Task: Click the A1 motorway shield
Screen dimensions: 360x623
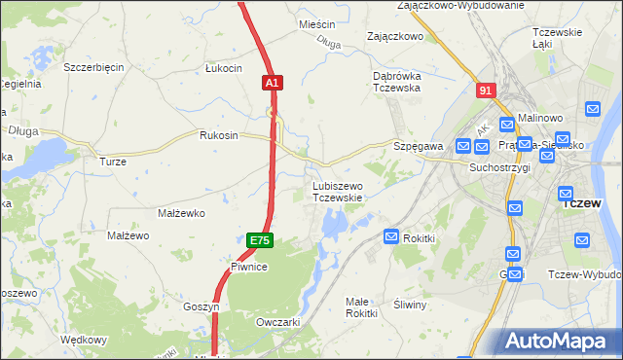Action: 272,85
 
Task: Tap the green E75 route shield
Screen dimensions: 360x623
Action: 258,240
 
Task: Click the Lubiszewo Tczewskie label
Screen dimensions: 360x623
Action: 338,192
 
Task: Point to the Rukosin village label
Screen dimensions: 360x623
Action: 218,135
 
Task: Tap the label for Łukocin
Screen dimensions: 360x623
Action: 223,68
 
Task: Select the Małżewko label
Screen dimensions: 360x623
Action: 178,212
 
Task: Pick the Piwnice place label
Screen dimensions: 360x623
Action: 249,266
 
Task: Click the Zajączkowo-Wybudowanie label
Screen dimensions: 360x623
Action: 460,6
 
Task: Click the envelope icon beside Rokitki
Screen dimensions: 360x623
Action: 391,236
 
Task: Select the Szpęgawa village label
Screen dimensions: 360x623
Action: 419,146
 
